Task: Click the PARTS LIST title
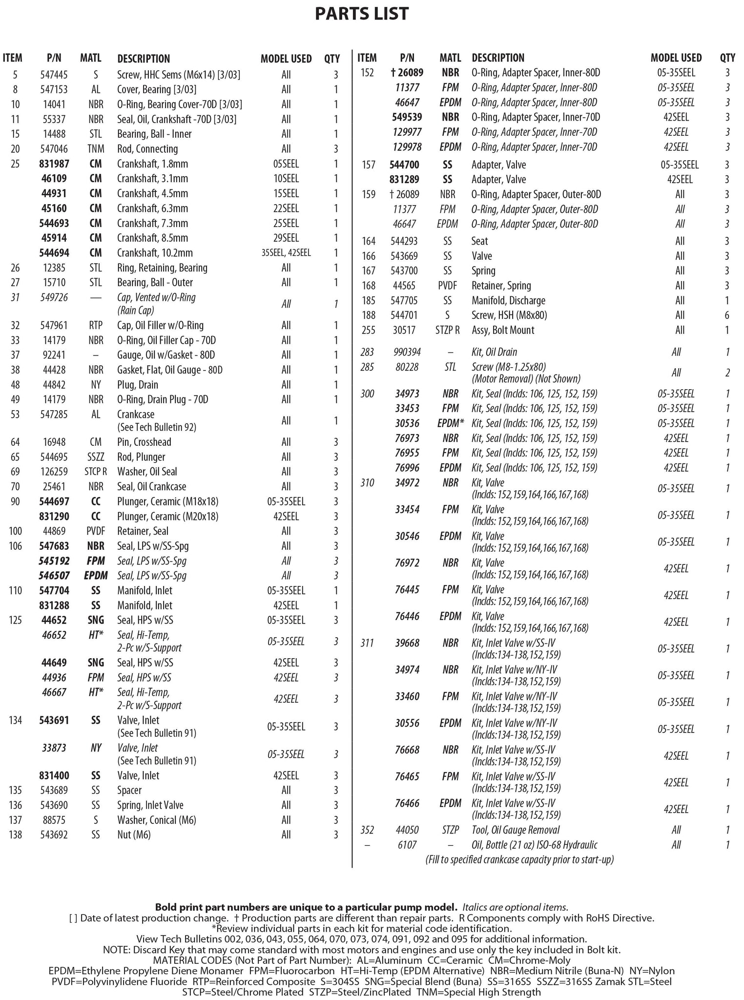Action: pyautogui.click(x=362, y=14)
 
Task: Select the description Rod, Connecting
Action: pyautogui.click(x=147, y=149)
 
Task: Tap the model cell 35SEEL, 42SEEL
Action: pyautogui.click(x=286, y=253)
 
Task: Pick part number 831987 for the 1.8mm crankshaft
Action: pyautogui.click(x=54, y=164)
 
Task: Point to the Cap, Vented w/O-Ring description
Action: pyautogui.click(x=156, y=297)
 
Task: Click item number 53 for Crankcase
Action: pyautogui.click(x=15, y=415)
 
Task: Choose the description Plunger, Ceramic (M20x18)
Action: pyautogui.click(x=167, y=516)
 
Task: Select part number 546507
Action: pyautogui.click(x=54, y=576)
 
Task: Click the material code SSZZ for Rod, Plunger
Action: pyautogui.click(x=96, y=457)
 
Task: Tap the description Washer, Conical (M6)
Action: pyautogui.click(x=156, y=820)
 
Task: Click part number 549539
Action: pyautogui.click(x=406, y=117)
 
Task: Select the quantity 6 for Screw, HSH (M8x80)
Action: pyautogui.click(x=727, y=315)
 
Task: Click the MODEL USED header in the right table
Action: pyautogui.click(x=676, y=58)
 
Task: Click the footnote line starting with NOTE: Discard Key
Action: pyautogui.click(x=362, y=950)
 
